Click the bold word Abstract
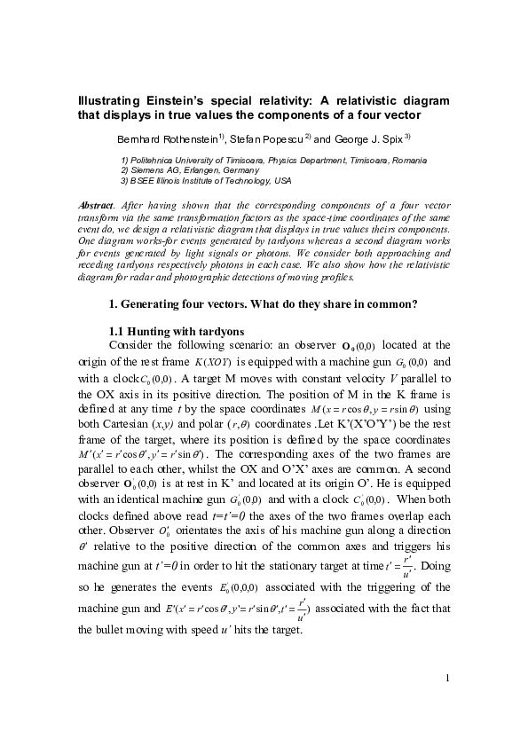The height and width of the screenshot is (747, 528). pos(97,205)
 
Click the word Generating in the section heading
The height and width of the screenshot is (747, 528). pos(156,304)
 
